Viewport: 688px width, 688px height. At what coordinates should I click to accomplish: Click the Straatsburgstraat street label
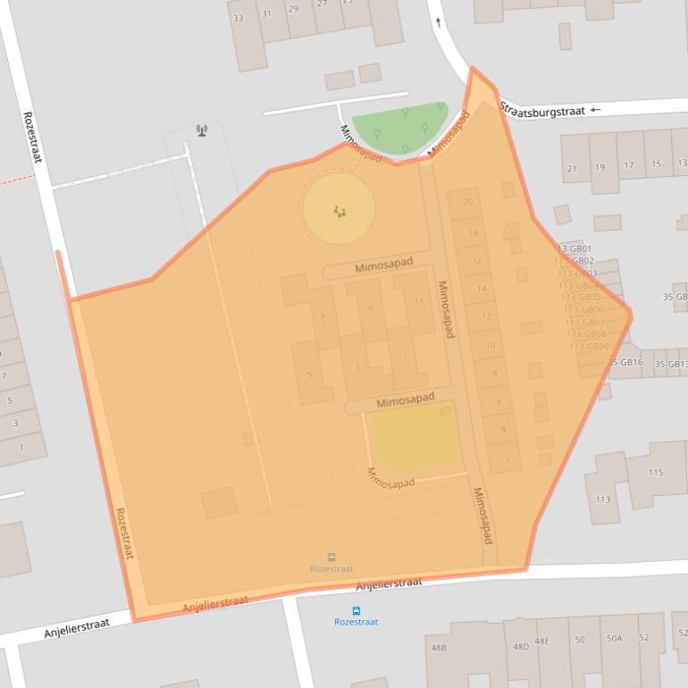coord(541,111)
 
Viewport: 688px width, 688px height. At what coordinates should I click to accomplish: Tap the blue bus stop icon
coord(357,611)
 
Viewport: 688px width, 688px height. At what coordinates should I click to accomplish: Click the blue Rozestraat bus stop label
coord(356,622)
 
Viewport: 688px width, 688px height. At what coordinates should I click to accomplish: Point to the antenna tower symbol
coord(202,130)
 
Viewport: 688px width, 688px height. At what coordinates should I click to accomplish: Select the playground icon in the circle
coord(340,211)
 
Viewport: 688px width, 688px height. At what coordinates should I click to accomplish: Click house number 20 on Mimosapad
coord(467,203)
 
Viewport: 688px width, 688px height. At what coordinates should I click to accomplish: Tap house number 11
coord(418,301)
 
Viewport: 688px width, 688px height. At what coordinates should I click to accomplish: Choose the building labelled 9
coord(370,310)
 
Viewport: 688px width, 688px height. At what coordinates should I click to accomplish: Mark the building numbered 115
coord(656,473)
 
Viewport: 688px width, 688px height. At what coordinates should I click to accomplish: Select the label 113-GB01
coord(575,249)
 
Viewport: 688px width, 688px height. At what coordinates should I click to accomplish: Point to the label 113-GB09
coord(589,347)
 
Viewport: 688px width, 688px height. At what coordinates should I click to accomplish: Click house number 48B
coord(439,648)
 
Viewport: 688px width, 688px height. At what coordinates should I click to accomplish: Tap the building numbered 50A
coord(614,638)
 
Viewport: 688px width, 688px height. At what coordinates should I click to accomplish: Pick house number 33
coord(238,18)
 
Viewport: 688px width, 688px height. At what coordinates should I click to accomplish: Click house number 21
coord(572,168)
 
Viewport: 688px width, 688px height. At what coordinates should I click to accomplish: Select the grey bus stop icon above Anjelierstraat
coord(331,558)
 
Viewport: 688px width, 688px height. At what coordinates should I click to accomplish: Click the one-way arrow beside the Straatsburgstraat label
coord(596,110)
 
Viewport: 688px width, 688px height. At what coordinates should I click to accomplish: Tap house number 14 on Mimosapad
coord(482,289)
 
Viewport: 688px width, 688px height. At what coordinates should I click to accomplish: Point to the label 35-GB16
coord(625,363)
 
